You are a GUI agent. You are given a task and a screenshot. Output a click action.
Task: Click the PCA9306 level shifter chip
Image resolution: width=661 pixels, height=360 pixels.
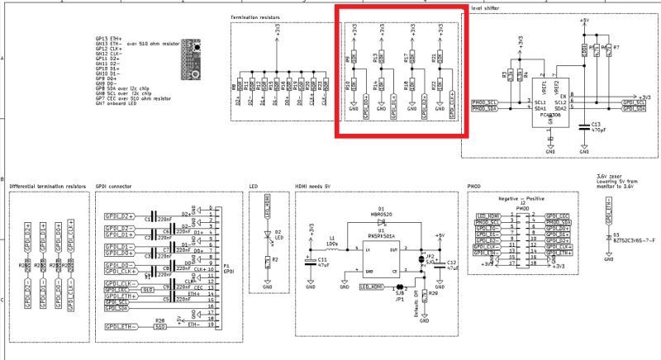tap(549, 105)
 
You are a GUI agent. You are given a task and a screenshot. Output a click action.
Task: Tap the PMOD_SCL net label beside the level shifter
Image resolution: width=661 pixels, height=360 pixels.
tap(483, 102)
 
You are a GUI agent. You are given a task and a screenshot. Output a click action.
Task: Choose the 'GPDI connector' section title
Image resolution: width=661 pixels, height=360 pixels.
tap(115, 187)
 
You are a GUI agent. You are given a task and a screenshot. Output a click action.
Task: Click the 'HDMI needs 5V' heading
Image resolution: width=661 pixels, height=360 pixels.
tap(315, 187)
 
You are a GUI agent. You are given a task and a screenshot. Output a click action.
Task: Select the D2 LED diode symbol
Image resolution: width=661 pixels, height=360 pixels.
tap(267, 233)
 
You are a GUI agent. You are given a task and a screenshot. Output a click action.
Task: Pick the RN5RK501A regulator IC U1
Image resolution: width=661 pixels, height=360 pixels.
tap(382, 259)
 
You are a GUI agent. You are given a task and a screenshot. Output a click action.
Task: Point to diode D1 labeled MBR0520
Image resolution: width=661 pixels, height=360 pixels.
tap(381, 225)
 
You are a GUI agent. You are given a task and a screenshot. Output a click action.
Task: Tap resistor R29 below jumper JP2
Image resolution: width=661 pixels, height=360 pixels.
tap(422, 293)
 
